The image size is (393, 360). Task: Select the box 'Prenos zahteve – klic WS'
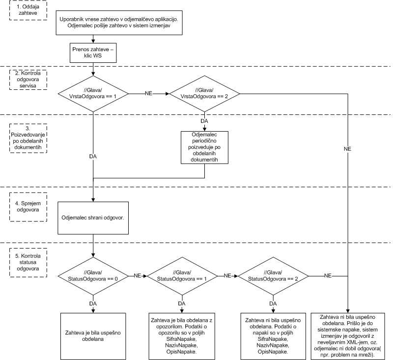pyautogui.click(x=92, y=53)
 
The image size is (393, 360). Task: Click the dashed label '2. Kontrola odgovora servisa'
pyautogui.click(x=28, y=78)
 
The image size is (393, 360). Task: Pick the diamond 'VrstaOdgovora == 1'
pyautogui.click(x=93, y=93)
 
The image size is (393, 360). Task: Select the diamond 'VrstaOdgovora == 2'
pyautogui.click(x=204, y=93)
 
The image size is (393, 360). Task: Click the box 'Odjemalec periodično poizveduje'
pyautogui.click(x=204, y=147)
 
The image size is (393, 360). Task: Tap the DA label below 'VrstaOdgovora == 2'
pyautogui.click(x=204, y=121)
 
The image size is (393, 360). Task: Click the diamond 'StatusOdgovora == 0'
pyautogui.click(x=93, y=276)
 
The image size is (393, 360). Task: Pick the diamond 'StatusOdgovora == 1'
pyautogui.click(x=182, y=276)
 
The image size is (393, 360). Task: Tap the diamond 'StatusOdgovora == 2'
pyautogui.click(x=273, y=276)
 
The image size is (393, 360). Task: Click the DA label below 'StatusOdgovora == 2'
pyautogui.click(x=273, y=303)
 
